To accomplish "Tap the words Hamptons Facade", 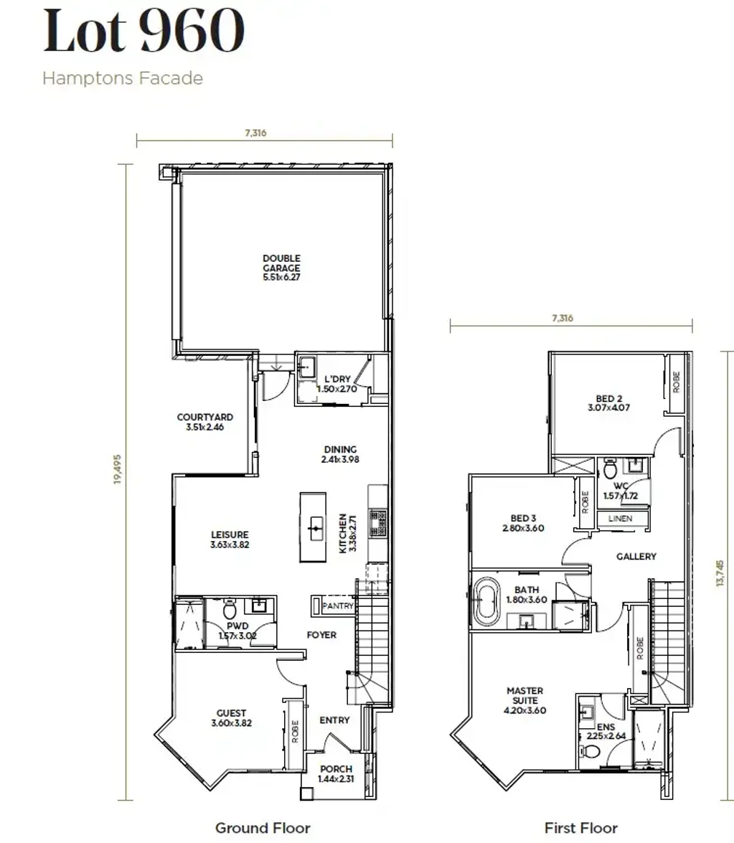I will coord(123,78).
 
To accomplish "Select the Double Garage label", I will coord(281,267).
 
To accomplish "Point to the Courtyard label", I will coord(205,422).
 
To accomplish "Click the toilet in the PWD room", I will coord(230,611).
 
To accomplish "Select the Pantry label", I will coord(337,606).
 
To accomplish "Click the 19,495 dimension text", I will coord(118,468).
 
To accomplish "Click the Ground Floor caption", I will coord(263,828).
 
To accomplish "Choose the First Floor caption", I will coord(580,828).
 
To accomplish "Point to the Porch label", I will coord(335,773).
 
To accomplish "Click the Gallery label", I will coord(636,556).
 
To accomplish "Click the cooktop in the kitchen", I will coord(377,522).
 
